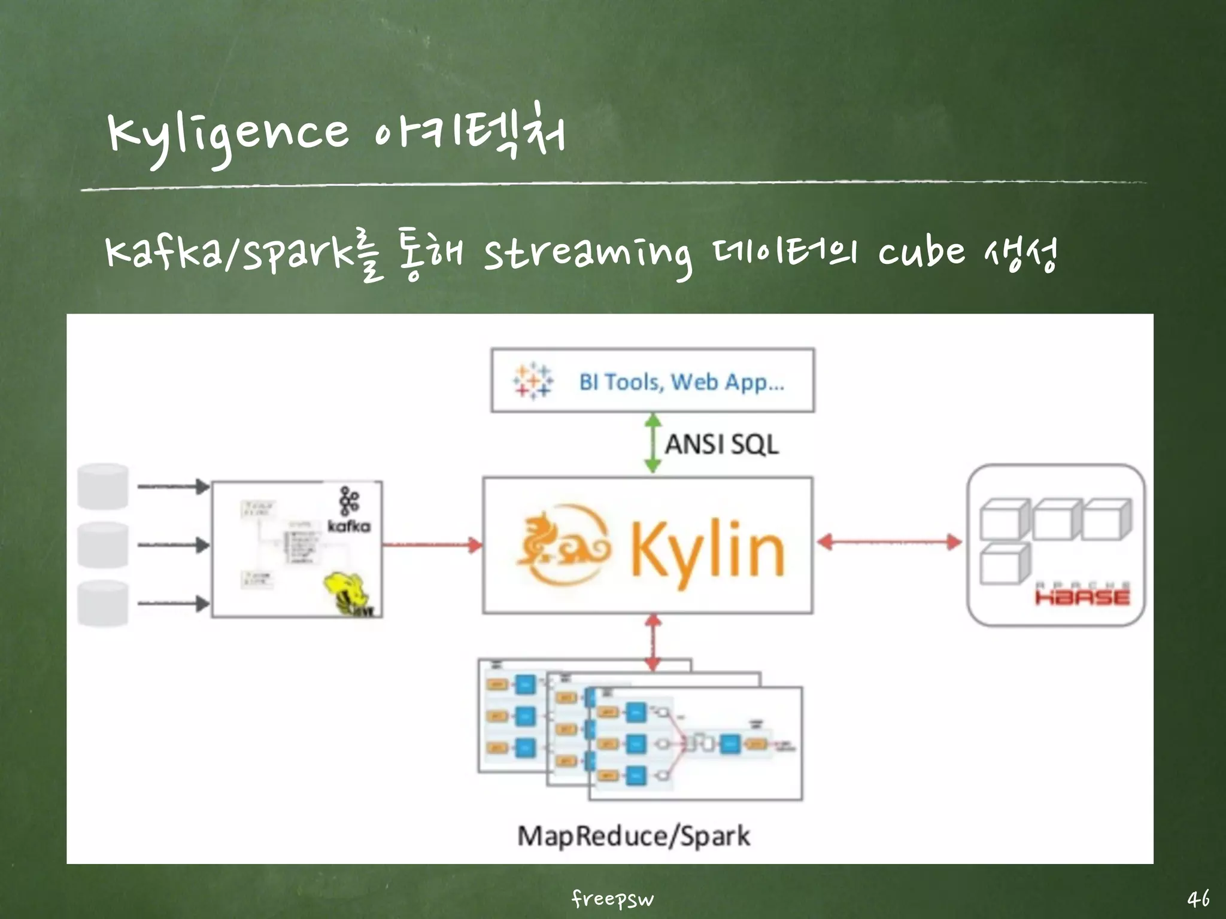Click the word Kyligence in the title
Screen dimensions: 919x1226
pos(227,135)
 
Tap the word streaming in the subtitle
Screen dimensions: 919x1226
pos(587,254)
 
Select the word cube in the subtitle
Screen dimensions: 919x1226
pos(922,252)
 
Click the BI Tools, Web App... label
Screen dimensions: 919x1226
pos(681,382)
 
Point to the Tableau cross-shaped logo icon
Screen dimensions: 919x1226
pos(532,381)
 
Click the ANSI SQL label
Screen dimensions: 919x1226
pos(721,445)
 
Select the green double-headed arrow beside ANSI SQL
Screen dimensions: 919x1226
pos(653,443)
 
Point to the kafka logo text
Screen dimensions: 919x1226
pos(349,526)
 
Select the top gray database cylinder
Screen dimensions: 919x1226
pos(103,486)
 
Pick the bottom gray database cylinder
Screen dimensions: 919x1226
pos(103,603)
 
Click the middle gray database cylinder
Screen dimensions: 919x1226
pos(103,545)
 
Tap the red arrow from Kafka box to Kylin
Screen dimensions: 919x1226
pos(432,544)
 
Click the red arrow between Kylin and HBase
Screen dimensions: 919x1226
pos(889,543)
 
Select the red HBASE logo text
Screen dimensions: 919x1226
pos(1082,597)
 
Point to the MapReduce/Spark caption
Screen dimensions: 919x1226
pos(633,836)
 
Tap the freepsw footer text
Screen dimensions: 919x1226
pos(612,898)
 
